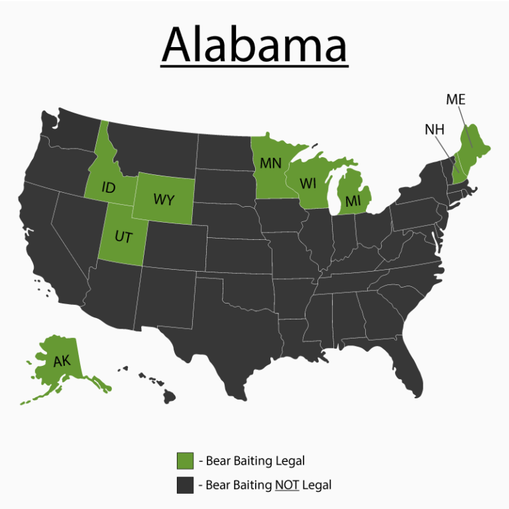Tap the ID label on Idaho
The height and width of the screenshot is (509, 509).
tap(109, 188)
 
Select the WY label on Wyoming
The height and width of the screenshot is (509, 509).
tap(164, 199)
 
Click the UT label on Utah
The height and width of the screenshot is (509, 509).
tap(123, 237)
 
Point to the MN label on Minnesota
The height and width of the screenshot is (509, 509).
tap(270, 163)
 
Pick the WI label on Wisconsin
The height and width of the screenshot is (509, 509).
tap(308, 183)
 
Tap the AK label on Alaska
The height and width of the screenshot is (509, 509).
tap(62, 362)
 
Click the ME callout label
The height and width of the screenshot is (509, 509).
tap(455, 99)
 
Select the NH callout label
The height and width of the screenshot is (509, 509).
tap(435, 129)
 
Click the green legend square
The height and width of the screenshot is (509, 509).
tap(185, 460)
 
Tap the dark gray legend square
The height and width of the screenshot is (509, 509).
tap(185, 485)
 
